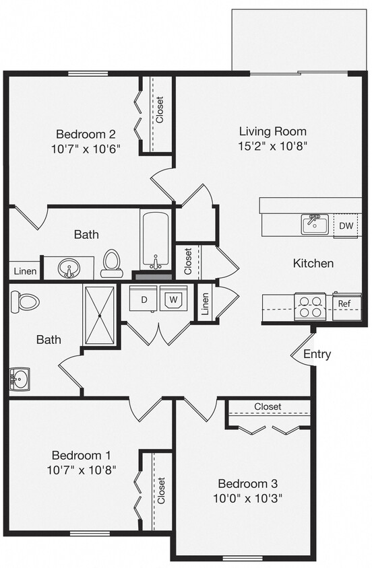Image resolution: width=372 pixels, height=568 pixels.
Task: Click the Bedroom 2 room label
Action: [86, 133]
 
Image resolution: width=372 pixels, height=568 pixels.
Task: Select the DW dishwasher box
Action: [346, 225]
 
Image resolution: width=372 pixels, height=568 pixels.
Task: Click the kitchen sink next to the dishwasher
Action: [313, 224]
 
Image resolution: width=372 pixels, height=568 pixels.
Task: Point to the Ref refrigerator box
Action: [344, 304]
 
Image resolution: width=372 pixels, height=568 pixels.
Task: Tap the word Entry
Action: [317, 354]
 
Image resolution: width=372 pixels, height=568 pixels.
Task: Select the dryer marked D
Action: [144, 298]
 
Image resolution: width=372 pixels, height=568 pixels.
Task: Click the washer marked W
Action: [173, 298]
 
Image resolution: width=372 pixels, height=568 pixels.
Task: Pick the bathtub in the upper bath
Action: [156, 241]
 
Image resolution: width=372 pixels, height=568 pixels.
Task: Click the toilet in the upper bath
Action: [112, 263]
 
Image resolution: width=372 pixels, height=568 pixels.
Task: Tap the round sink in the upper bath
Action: [68, 268]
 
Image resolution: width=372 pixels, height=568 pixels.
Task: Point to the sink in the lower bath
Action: [20, 380]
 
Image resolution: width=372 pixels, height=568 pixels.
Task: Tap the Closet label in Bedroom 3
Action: [268, 407]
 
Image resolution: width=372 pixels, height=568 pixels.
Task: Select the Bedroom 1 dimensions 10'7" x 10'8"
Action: [84, 470]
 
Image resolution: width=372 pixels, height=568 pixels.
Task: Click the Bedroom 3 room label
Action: [247, 483]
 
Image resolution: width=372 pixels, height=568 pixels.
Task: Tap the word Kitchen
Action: [313, 263]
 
